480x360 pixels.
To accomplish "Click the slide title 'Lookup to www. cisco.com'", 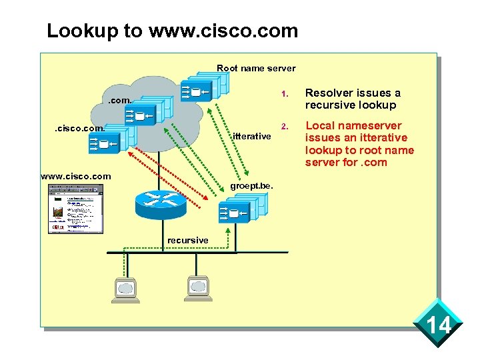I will (172, 31).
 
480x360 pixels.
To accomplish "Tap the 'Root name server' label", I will (256, 68).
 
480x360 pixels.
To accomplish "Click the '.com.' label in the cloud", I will (120, 101).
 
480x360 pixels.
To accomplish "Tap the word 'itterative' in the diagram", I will (251, 136).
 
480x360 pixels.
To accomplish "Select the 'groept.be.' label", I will (252, 185).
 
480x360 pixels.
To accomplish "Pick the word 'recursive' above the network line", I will (187, 240).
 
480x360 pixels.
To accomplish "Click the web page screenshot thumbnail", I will (75, 208).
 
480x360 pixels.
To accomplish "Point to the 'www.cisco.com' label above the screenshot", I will (75, 177).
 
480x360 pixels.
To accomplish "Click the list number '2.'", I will (283, 126).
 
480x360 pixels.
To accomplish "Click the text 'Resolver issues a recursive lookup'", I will (353, 99).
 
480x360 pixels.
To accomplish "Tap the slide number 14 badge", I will (439, 325).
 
